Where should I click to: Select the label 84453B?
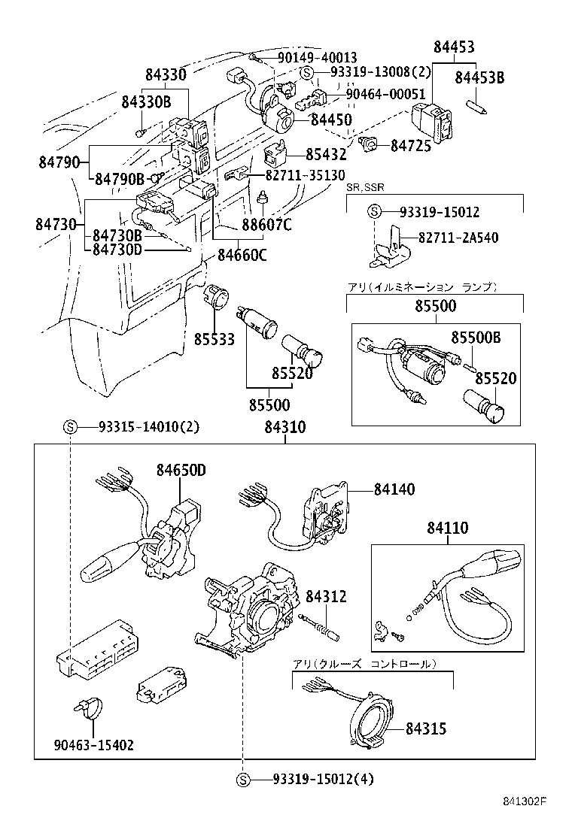479,77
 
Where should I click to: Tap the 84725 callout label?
411,146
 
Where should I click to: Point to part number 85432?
326,154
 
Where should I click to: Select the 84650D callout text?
181,471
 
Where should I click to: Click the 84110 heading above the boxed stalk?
447,529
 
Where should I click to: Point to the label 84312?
326,596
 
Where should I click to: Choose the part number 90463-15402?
93,745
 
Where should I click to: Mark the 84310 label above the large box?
285,428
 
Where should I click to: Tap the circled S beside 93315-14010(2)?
69,428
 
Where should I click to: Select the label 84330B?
146,101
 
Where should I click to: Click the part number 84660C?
242,255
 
